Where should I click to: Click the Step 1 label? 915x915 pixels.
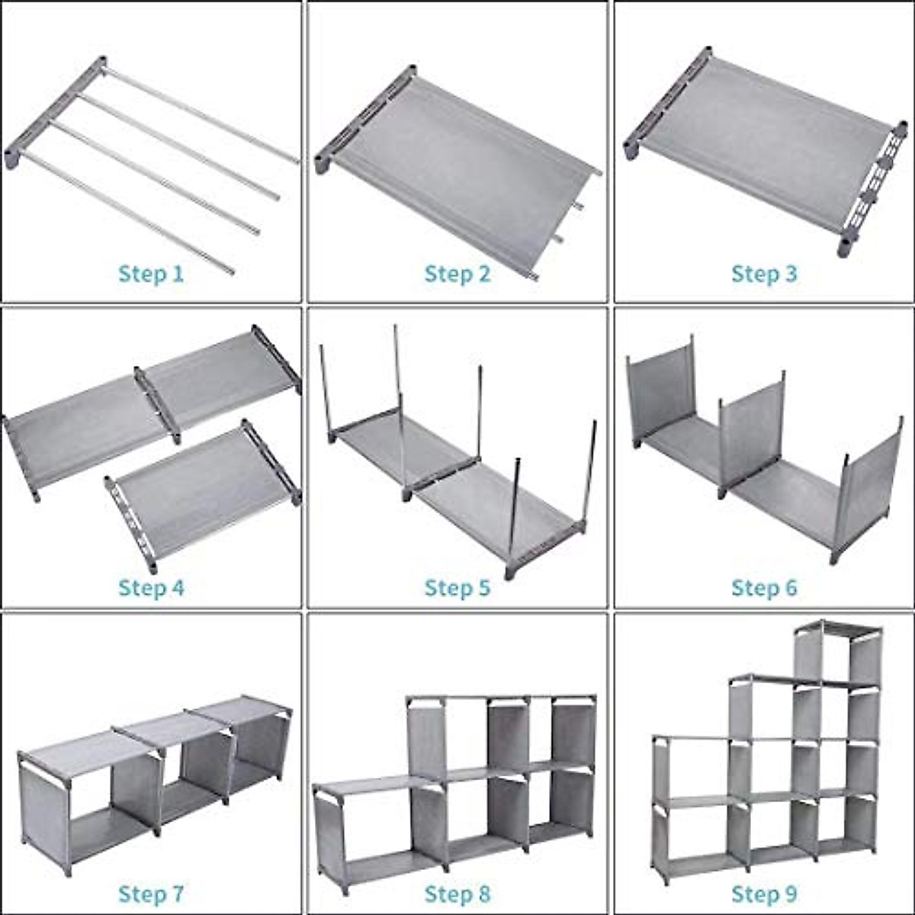[151, 274]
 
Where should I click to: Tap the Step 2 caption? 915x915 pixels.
[457, 274]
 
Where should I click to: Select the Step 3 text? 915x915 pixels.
[764, 274]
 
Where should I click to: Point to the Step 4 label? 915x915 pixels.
[151, 588]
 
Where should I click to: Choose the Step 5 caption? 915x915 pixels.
[457, 588]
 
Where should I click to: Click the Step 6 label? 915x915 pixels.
[764, 588]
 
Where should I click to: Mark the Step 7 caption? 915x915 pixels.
[151, 894]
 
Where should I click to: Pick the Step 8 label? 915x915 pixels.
[457, 894]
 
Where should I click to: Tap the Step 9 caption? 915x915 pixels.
[764, 894]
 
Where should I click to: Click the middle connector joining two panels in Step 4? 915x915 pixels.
[158, 404]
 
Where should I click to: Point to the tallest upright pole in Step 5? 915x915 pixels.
[398, 396]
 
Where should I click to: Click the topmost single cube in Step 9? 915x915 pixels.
[837, 656]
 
